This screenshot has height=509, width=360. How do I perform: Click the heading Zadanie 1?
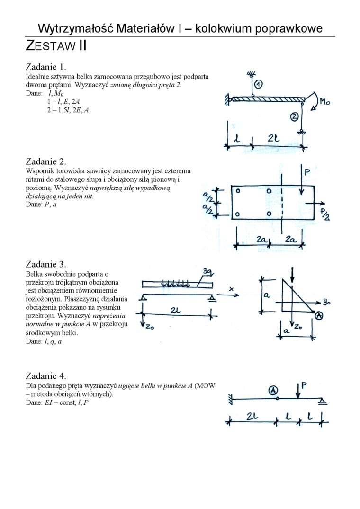46,66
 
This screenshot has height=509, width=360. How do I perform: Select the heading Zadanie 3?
46,264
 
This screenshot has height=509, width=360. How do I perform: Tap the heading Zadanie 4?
46,376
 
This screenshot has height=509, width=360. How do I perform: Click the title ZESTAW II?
56,46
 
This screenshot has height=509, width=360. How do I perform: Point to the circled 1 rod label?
259,85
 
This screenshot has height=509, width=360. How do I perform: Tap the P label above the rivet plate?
307,173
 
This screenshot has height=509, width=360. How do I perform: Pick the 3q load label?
207,271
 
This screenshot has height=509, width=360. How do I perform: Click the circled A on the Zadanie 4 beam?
273,390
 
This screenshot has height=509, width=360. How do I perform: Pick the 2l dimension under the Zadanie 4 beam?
252,417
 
